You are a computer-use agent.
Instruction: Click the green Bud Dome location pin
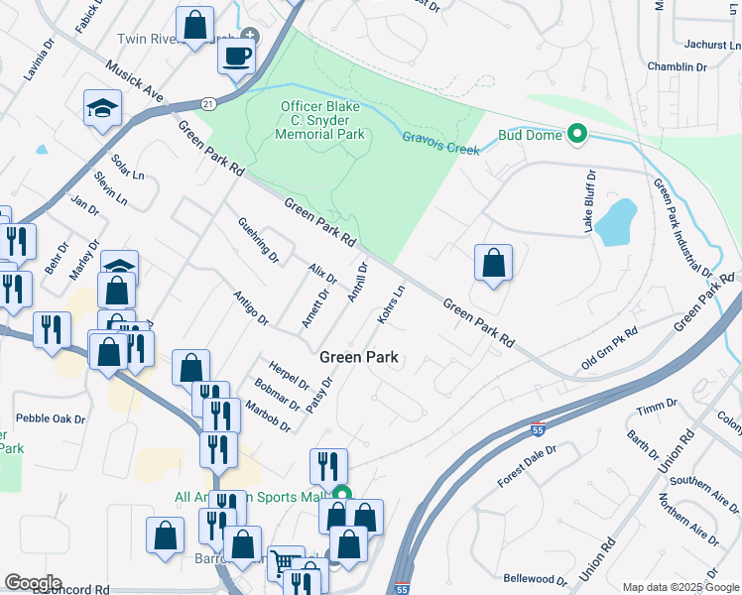tap(576, 134)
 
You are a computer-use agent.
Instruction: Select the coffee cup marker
tap(236, 57)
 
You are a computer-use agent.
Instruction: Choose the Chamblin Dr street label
tap(676, 67)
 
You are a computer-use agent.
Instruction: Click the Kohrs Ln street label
tap(392, 302)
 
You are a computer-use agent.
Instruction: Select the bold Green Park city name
tap(359, 357)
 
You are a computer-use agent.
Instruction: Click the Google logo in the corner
tap(33, 583)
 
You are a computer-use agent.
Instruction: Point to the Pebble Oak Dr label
tap(50, 419)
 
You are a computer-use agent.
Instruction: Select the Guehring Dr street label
tap(259, 239)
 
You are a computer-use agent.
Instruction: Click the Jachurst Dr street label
tap(713, 45)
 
